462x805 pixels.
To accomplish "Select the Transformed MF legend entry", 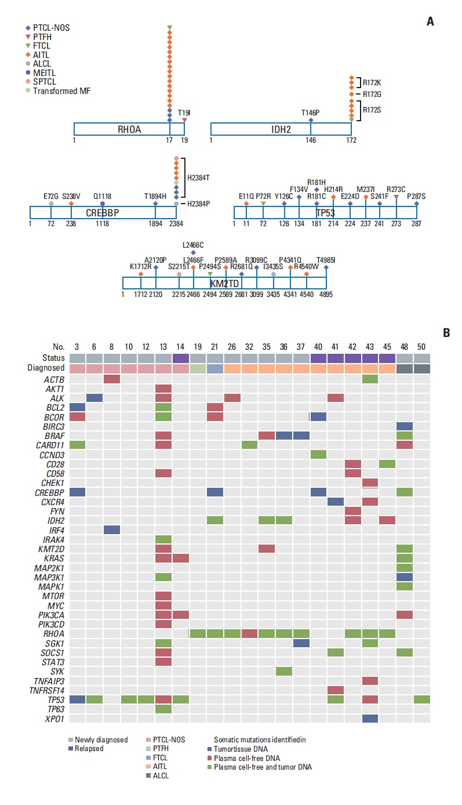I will [x=61, y=91].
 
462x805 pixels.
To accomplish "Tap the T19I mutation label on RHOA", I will [x=184, y=113].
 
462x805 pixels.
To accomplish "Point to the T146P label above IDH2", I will [x=311, y=113].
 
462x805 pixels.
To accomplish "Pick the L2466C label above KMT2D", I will [x=193, y=245].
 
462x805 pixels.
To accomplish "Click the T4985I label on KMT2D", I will [x=326, y=259].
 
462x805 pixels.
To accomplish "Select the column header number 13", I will [x=163, y=347].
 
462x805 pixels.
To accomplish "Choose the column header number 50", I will [x=422, y=347].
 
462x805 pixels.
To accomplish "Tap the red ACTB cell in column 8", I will [x=112, y=379].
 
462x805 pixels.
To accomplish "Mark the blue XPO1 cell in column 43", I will [x=370, y=718].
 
